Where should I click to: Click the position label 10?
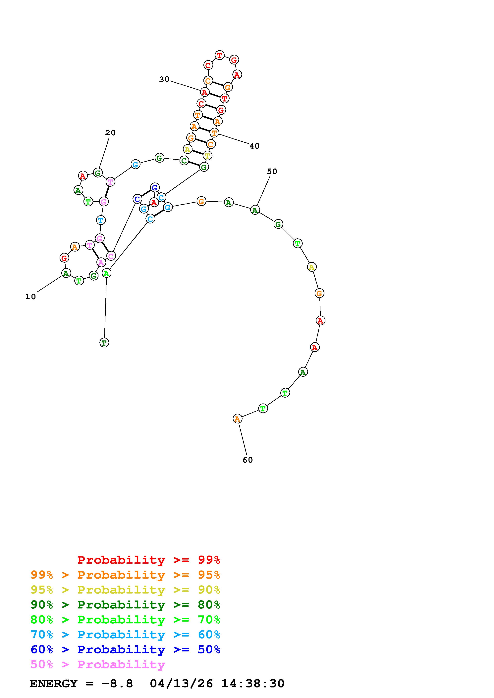(x=30, y=297)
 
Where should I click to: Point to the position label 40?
(x=254, y=146)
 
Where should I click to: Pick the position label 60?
(x=248, y=460)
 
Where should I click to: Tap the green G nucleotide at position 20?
(x=97, y=173)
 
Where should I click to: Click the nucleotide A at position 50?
(x=255, y=210)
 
